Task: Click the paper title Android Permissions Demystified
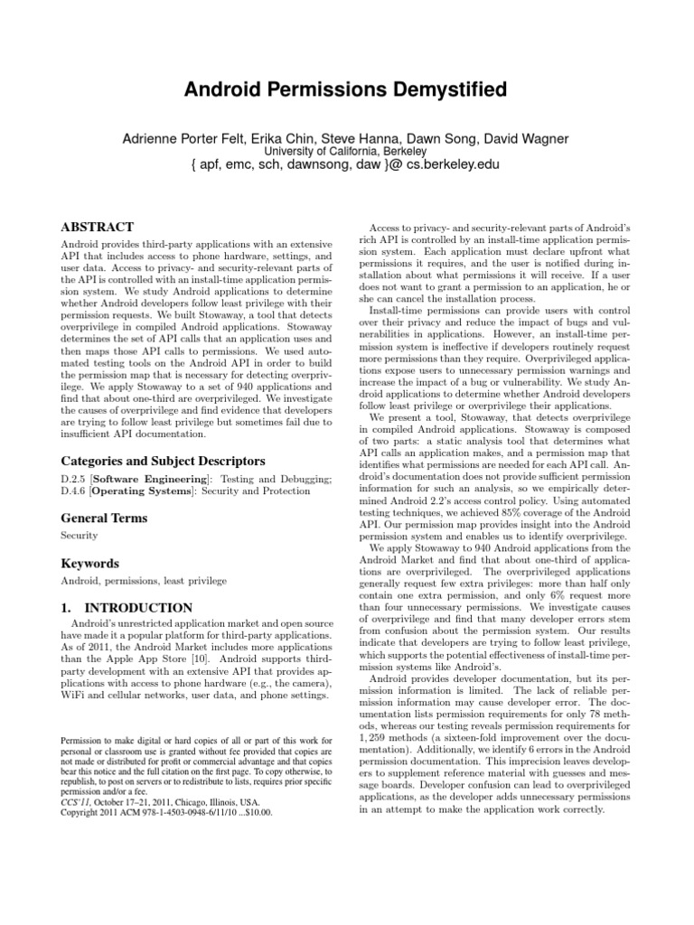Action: click(346, 89)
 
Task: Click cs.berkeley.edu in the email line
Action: click(451, 166)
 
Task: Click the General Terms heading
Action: click(103, 519)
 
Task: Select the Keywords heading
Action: click(89, 564)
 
